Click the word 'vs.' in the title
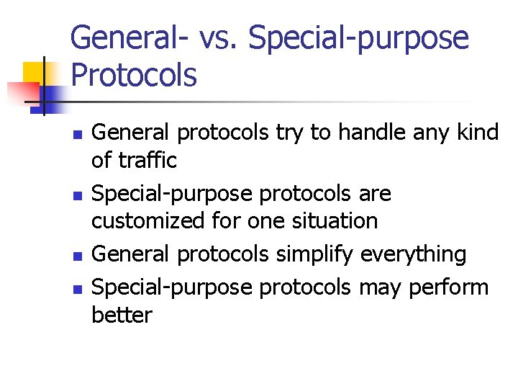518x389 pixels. [x=212, y=38]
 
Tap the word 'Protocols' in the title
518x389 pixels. [x=133, y=74]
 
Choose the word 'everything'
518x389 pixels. [x=414, y=254]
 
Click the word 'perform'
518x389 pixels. [x=448, y=287]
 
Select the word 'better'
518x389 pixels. [x=122, y=315]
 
